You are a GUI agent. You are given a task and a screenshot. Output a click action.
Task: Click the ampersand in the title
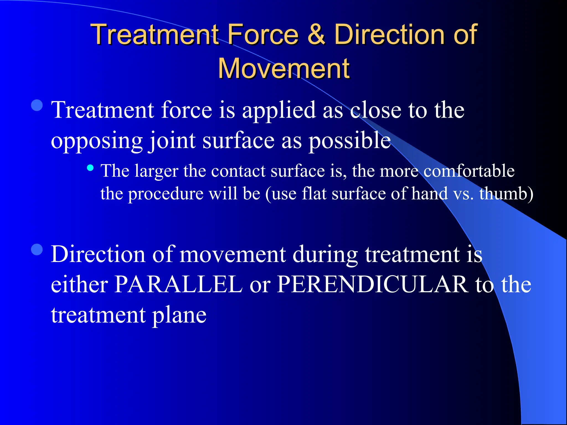[316, 34]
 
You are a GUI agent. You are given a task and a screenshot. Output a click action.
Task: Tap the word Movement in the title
[283, 69]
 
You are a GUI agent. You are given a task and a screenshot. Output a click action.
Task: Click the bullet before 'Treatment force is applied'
[37, 105]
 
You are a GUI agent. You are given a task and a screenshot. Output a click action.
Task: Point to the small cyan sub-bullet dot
[90, 168]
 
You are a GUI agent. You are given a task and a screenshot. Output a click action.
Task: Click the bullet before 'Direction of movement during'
[37, 250]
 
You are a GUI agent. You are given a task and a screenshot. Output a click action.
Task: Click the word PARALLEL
[178, 284]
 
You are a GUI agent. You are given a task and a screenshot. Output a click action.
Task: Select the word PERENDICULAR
[373, 284]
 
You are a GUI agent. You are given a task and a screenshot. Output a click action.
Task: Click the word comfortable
[469, 171]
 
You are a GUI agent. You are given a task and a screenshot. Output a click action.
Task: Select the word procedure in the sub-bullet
[166, 194]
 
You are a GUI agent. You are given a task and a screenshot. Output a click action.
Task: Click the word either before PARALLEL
[79, 284]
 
